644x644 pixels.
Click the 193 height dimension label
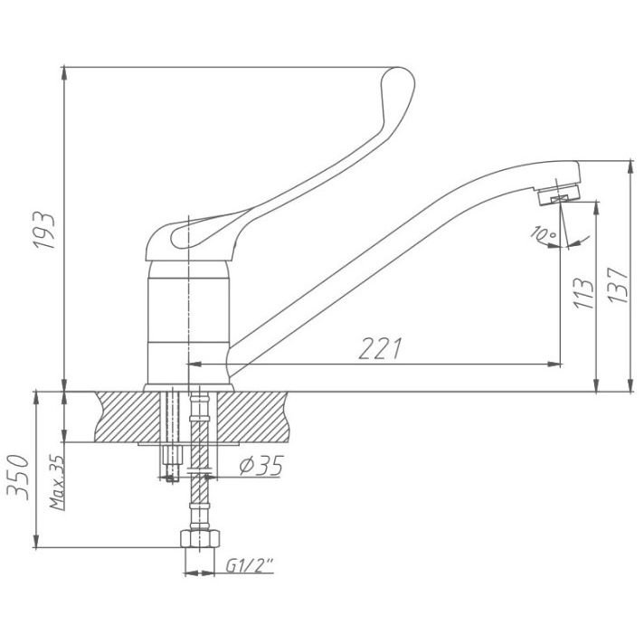(44, 231)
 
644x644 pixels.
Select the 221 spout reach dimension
(380, 349)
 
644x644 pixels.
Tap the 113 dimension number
(583, 293)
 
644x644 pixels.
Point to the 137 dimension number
(618, 286)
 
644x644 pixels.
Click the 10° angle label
(543, 233)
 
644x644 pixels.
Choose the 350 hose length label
(18, 477)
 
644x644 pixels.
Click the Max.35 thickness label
(57, 482)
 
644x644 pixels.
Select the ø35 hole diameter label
(261, 466)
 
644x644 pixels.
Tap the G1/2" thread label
(250, 566)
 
